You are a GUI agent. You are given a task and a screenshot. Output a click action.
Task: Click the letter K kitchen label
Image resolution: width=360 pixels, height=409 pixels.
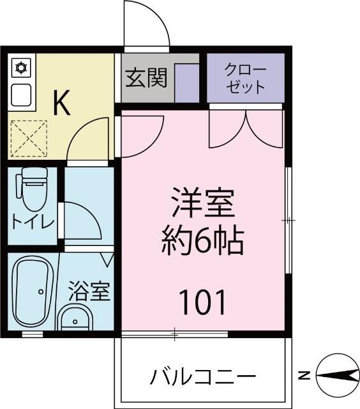[61, 103]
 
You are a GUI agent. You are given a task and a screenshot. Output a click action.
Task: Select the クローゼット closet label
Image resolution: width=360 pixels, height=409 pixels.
[246, 78]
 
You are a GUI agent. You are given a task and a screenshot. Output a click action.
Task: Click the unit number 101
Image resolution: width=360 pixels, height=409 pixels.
[202, 302]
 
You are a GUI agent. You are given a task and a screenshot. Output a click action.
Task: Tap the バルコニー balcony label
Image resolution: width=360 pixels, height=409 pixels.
[203, 376]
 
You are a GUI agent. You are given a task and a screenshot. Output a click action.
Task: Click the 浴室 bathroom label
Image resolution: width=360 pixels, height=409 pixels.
[90, 291]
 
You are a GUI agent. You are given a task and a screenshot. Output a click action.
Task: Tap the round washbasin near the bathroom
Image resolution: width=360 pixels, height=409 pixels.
[75, 318]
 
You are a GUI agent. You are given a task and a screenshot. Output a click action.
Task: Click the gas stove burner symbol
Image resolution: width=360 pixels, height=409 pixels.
[21, 66]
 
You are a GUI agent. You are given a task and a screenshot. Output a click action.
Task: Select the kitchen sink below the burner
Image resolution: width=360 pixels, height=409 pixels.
[21, 95]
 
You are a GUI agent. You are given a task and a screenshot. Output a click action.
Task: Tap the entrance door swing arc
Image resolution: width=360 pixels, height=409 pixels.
[147, 24]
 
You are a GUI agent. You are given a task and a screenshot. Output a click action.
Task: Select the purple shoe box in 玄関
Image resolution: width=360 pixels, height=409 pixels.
[187, 82]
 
